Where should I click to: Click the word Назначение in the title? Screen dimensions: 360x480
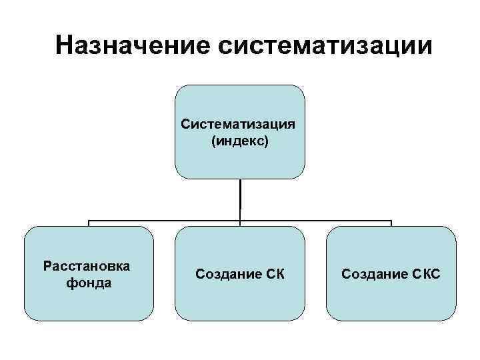point(131,46)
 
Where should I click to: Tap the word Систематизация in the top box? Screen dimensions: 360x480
point(239,124)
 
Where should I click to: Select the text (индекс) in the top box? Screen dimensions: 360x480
point(240,141)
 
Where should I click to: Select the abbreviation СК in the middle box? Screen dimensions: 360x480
point(275,274)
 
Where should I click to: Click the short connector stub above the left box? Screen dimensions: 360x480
point(89,223)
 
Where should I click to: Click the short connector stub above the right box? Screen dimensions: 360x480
point(391,223)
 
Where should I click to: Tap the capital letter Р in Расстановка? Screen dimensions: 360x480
point(47,266)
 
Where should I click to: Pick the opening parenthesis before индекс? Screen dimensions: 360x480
point(213,141)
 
